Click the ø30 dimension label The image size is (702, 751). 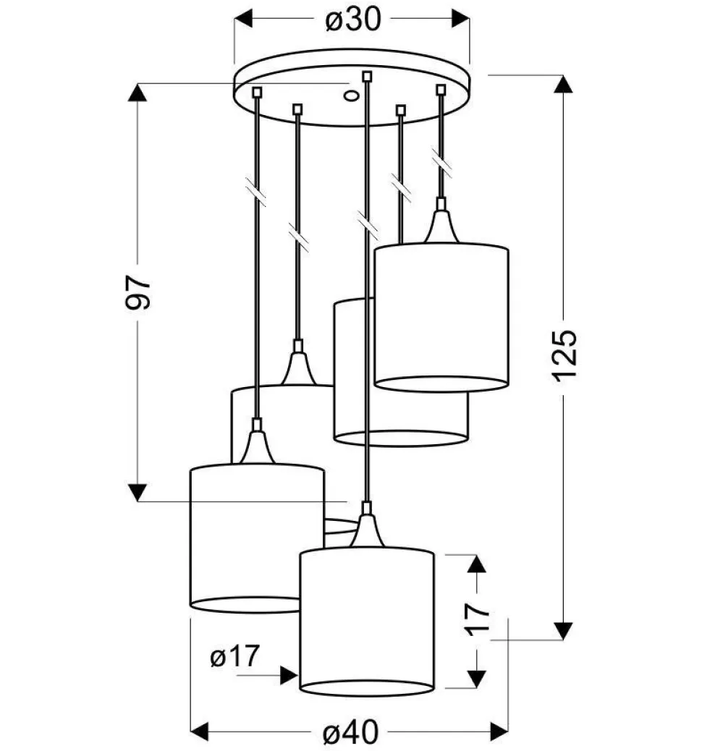point(353,20)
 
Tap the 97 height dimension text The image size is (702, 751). point(138,292)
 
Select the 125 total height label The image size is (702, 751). point(564,356)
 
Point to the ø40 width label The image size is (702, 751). point(350,731)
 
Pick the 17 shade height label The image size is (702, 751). point(477,619)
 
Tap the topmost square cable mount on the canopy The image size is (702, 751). point(367,76)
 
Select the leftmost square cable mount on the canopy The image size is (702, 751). point(258,92)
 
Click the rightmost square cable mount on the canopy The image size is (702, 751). point(441,90)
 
